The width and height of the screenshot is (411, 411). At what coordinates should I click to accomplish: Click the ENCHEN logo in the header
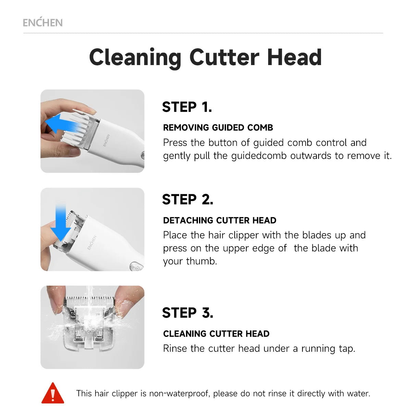42,23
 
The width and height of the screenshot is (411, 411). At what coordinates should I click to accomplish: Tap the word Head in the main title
294,58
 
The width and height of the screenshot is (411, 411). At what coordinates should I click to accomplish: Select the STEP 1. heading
187,107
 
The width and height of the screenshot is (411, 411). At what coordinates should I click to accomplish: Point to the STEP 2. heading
187,200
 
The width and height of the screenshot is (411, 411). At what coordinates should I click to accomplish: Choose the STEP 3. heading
187,313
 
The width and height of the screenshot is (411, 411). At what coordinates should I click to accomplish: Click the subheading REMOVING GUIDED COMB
218,128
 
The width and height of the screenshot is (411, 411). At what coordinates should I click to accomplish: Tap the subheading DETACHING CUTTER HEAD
220,220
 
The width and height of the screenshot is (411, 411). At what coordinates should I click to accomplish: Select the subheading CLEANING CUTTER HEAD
216,334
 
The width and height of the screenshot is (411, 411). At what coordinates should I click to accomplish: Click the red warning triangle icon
53,394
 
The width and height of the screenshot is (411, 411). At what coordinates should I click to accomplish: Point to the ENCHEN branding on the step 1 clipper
107,140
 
